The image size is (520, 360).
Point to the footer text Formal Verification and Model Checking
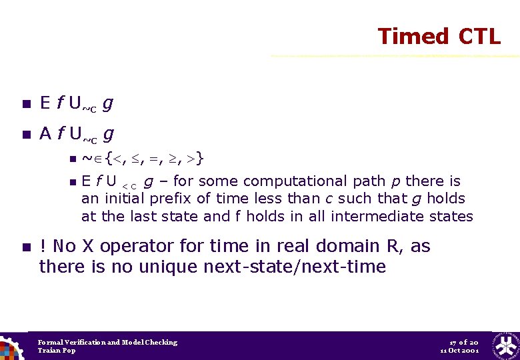[x=107, y=342]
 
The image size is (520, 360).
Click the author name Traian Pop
[x=57, y=351]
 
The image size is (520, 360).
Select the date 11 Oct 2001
[x=459, y=351]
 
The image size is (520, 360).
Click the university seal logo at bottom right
[x=505, y=345]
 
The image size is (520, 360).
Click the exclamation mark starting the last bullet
[x=43, y=247]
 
